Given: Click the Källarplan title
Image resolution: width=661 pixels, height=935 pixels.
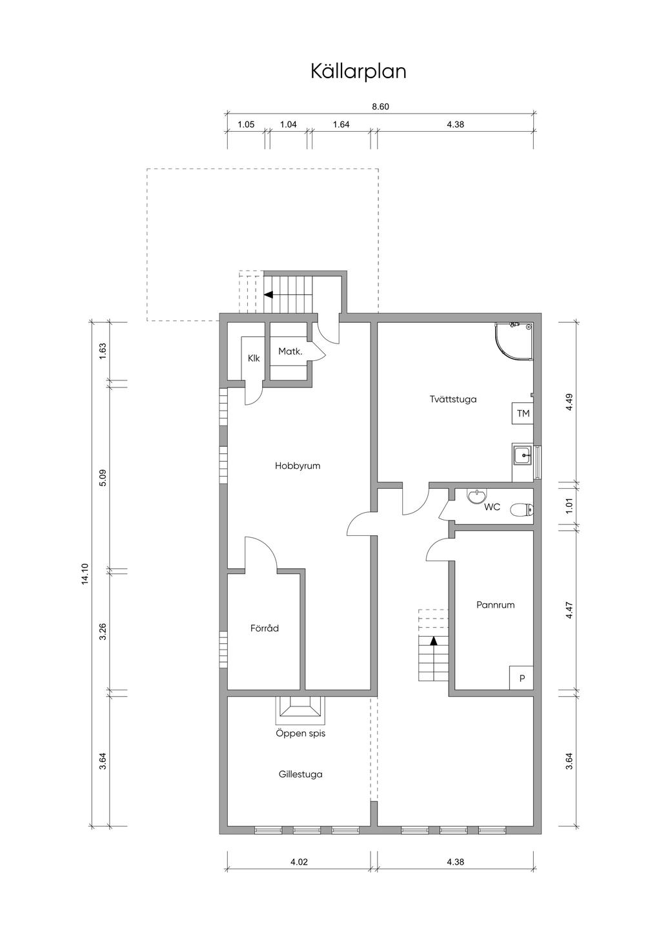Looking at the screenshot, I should tap(358, 71).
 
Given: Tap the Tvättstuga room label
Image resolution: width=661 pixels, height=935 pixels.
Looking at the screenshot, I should tap(453, 399).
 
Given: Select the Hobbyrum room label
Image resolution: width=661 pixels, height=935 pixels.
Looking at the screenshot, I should tap(298, 466).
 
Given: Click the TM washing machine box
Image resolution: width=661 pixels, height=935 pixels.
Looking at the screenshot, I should tap(523, 413).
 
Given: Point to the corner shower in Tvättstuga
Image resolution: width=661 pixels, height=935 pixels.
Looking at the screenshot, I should tap(515, 342).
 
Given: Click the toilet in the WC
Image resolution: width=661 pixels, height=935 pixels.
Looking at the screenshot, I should tap(522, 511).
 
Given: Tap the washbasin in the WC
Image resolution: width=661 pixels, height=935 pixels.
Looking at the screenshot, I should tap(476, 497).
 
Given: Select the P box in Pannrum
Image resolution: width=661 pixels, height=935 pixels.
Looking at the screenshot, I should tap(522, 679).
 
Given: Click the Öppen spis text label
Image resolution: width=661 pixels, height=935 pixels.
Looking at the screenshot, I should tap(301, 734).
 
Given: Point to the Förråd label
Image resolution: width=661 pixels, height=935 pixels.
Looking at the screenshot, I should tap(265, 628).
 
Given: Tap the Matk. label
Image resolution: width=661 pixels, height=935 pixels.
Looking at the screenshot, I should tap(290, 351).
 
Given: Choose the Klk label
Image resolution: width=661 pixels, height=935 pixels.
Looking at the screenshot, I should tap(254, 358).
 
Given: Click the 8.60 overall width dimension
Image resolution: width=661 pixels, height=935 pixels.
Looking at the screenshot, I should tap(381, 107).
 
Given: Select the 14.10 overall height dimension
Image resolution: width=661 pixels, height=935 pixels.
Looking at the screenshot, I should tap(85, 573).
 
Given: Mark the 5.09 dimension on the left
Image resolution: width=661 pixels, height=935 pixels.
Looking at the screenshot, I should tap(103, 478).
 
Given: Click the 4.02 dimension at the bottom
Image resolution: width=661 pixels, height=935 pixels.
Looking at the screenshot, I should tap(298, 861).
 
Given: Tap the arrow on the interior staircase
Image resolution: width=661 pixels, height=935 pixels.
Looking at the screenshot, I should tap(434, 641).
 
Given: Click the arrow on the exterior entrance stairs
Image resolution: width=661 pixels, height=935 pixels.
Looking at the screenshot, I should tap(269, 295).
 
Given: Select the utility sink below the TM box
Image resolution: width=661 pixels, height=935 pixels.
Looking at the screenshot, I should tap(523, 457).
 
